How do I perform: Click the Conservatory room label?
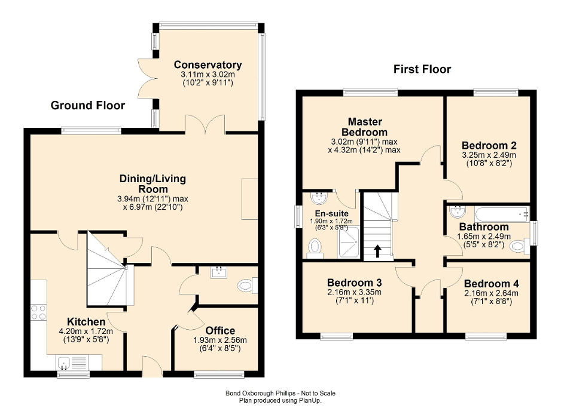pyautogui.click(x=208, y=65)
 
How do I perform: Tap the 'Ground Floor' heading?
pyautogui.click(x=88, y=106)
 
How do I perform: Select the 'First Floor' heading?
pyautogui.click(x=422, y=69)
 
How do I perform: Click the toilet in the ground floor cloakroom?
pyautogui.click(x=245, y=286)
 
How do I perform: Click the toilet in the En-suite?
pyautogui.click(x=315, y=247)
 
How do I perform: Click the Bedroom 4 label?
pyautogui.click(x=491, y=284)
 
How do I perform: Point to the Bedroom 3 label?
pyautogui.click(x=354, y=283)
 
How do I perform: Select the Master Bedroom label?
pyautogui.click(x=364, y=127)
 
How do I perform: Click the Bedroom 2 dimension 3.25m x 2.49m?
pyautogui.click(x=489, y=155)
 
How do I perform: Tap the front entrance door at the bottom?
pyautogui.click(x=153, y=366)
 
